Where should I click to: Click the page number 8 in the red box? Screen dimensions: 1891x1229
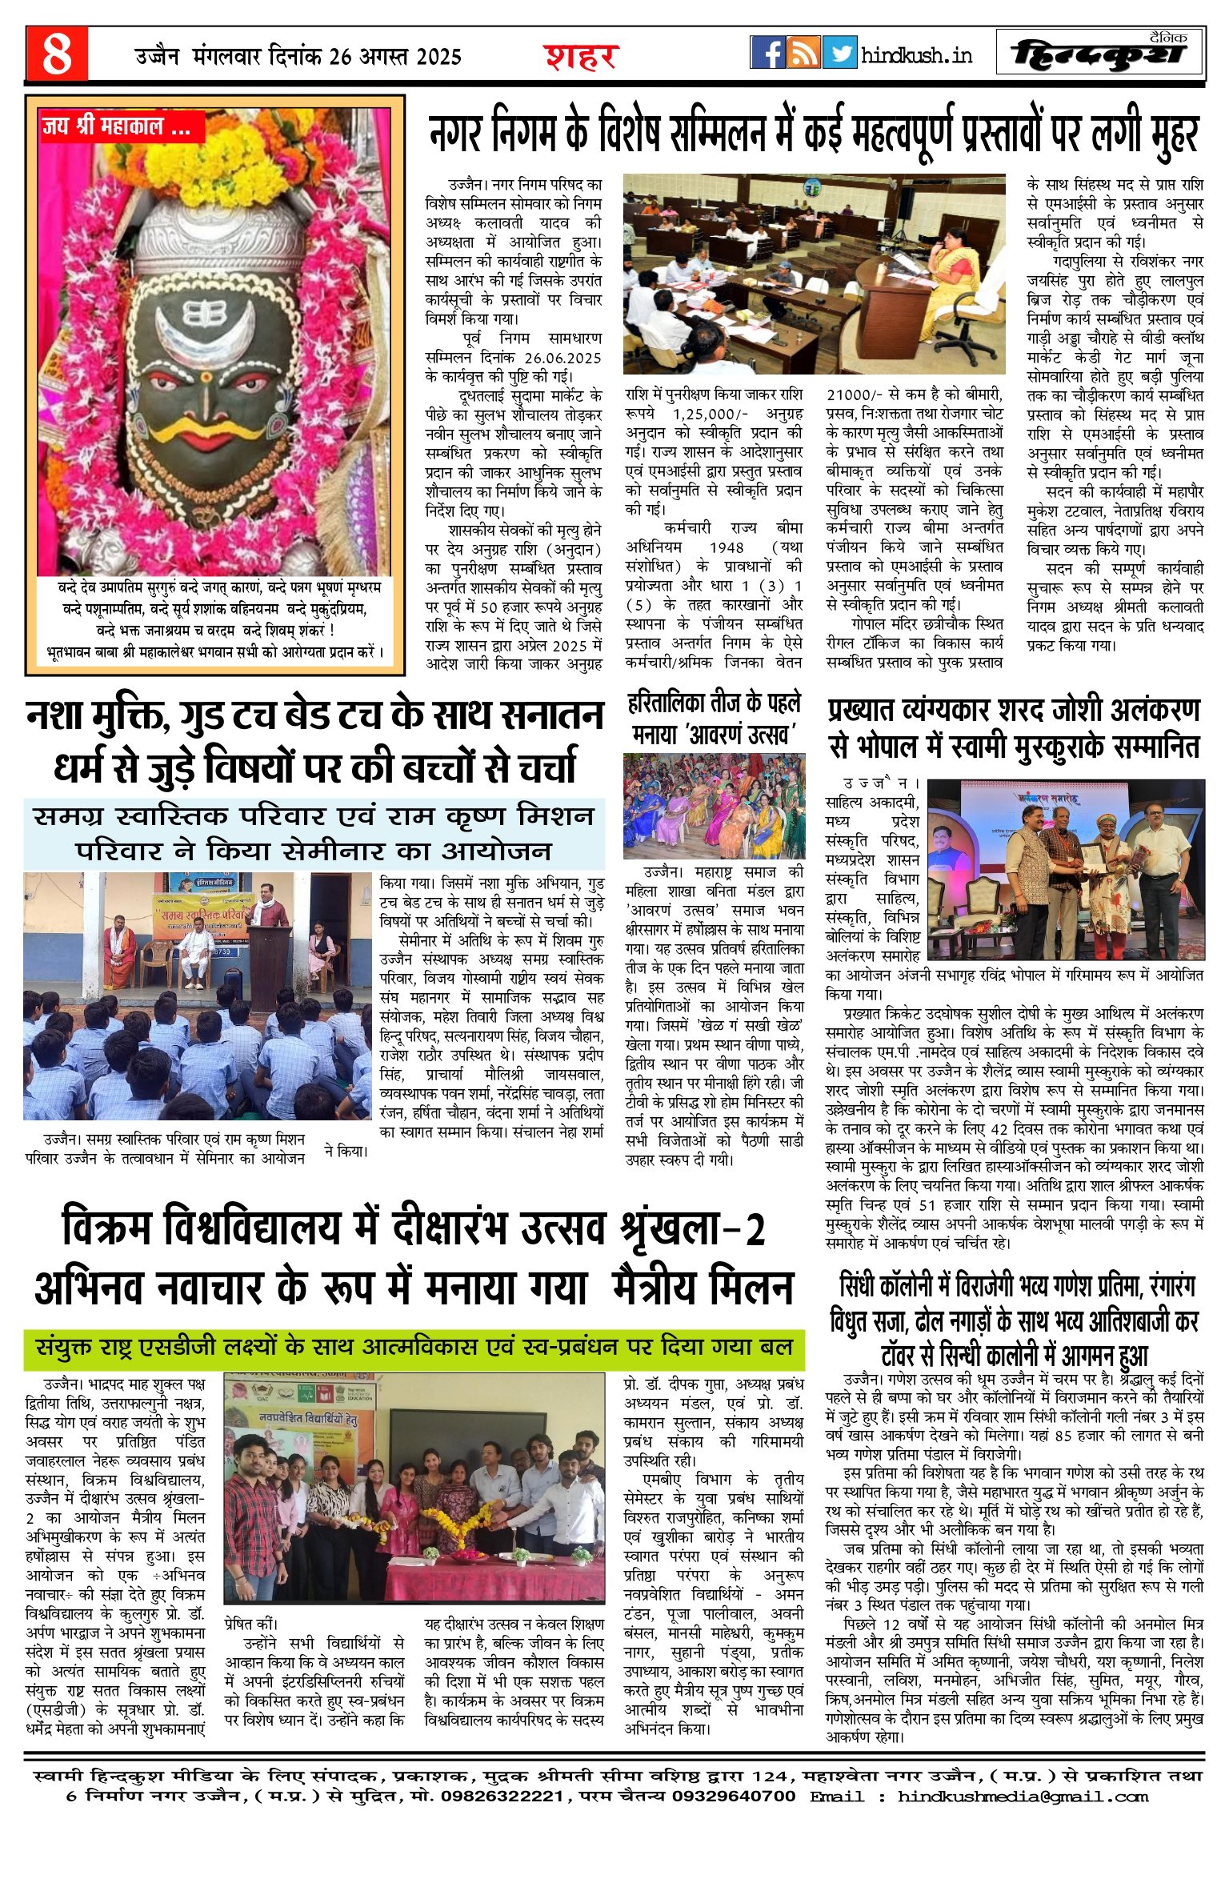[x=56, y=54]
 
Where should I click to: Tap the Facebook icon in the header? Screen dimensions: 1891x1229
[x=767, y=53]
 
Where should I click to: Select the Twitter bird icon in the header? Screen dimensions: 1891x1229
[x=839, y=53]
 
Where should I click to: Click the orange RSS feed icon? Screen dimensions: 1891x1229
[x=803, y=53]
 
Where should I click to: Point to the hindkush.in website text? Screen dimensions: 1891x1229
[x=916, y=55]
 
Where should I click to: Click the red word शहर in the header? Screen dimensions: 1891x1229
[x=581, y=57]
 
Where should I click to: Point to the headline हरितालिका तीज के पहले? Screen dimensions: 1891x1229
[x=714, y=703]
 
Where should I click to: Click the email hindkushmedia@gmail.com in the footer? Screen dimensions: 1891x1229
[x=1023, y=1796]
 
